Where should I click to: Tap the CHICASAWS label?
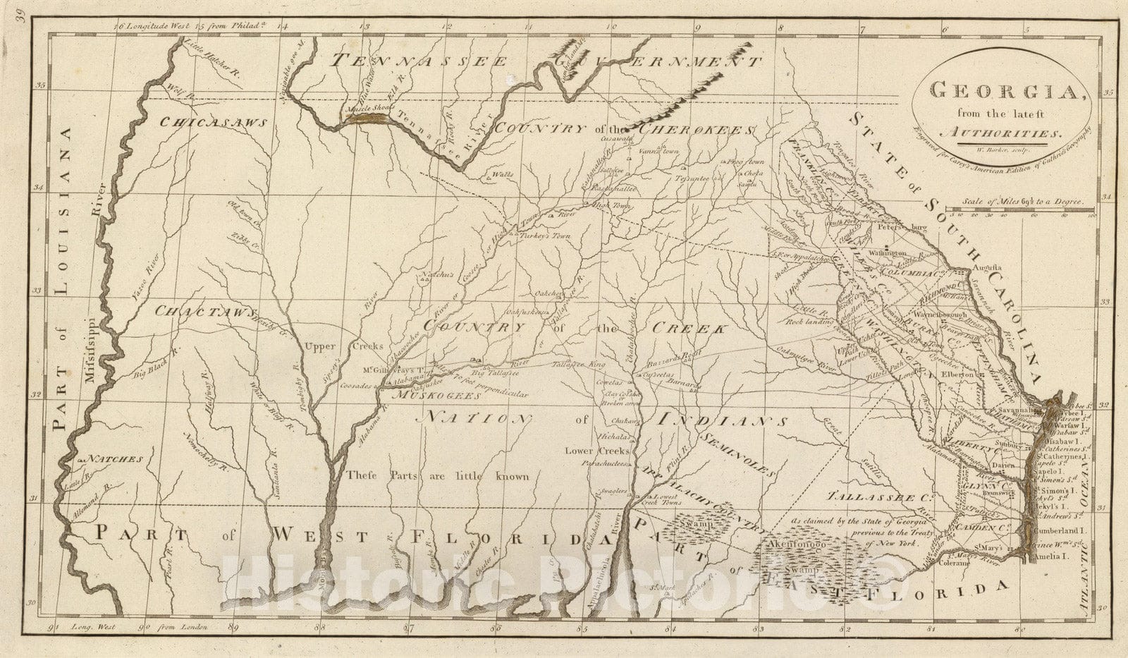click(213, 122)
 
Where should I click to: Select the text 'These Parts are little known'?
click(437, 476)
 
